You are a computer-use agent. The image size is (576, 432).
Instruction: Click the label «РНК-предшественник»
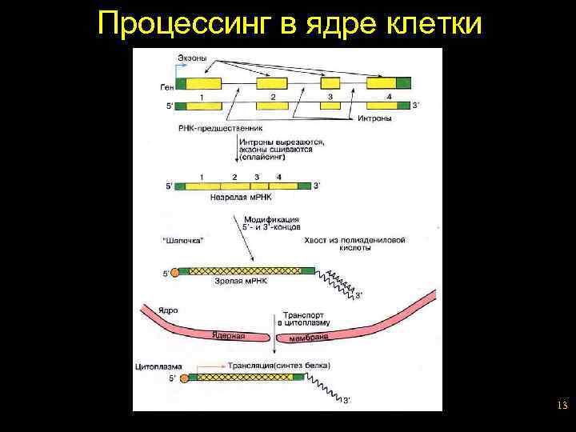(217, 127)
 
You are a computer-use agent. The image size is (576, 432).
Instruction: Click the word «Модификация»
(272, 218)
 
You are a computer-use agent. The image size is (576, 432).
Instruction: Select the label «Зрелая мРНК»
(239, 280)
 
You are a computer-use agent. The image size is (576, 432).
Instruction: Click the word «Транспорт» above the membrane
(298, 315)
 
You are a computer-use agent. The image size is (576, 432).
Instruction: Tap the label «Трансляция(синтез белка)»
(278, 366)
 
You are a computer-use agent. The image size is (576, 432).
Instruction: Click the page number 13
(562, 406)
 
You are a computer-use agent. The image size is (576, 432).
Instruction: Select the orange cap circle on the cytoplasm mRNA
(185, 378)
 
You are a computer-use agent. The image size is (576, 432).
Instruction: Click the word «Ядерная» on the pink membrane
(228, 336)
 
